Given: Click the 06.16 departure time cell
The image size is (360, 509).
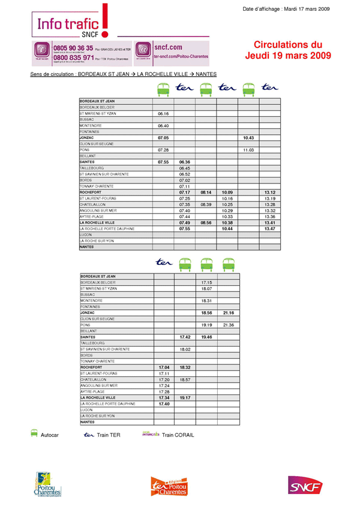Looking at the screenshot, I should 163,113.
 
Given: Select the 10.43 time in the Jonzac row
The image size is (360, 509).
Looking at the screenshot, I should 248,137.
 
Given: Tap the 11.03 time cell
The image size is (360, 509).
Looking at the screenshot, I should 248,149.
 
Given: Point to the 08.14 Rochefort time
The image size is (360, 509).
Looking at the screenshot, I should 206,192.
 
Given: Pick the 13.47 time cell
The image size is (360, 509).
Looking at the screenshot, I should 269,228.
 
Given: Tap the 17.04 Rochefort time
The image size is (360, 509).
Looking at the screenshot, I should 164,368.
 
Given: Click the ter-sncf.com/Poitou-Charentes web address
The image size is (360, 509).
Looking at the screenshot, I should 181,56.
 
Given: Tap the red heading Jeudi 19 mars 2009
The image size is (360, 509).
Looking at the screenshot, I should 288,56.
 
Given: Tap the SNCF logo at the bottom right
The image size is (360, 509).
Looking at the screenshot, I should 305,486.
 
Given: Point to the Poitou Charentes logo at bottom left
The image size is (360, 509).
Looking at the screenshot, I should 48,486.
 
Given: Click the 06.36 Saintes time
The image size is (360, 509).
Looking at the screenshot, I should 185,162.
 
